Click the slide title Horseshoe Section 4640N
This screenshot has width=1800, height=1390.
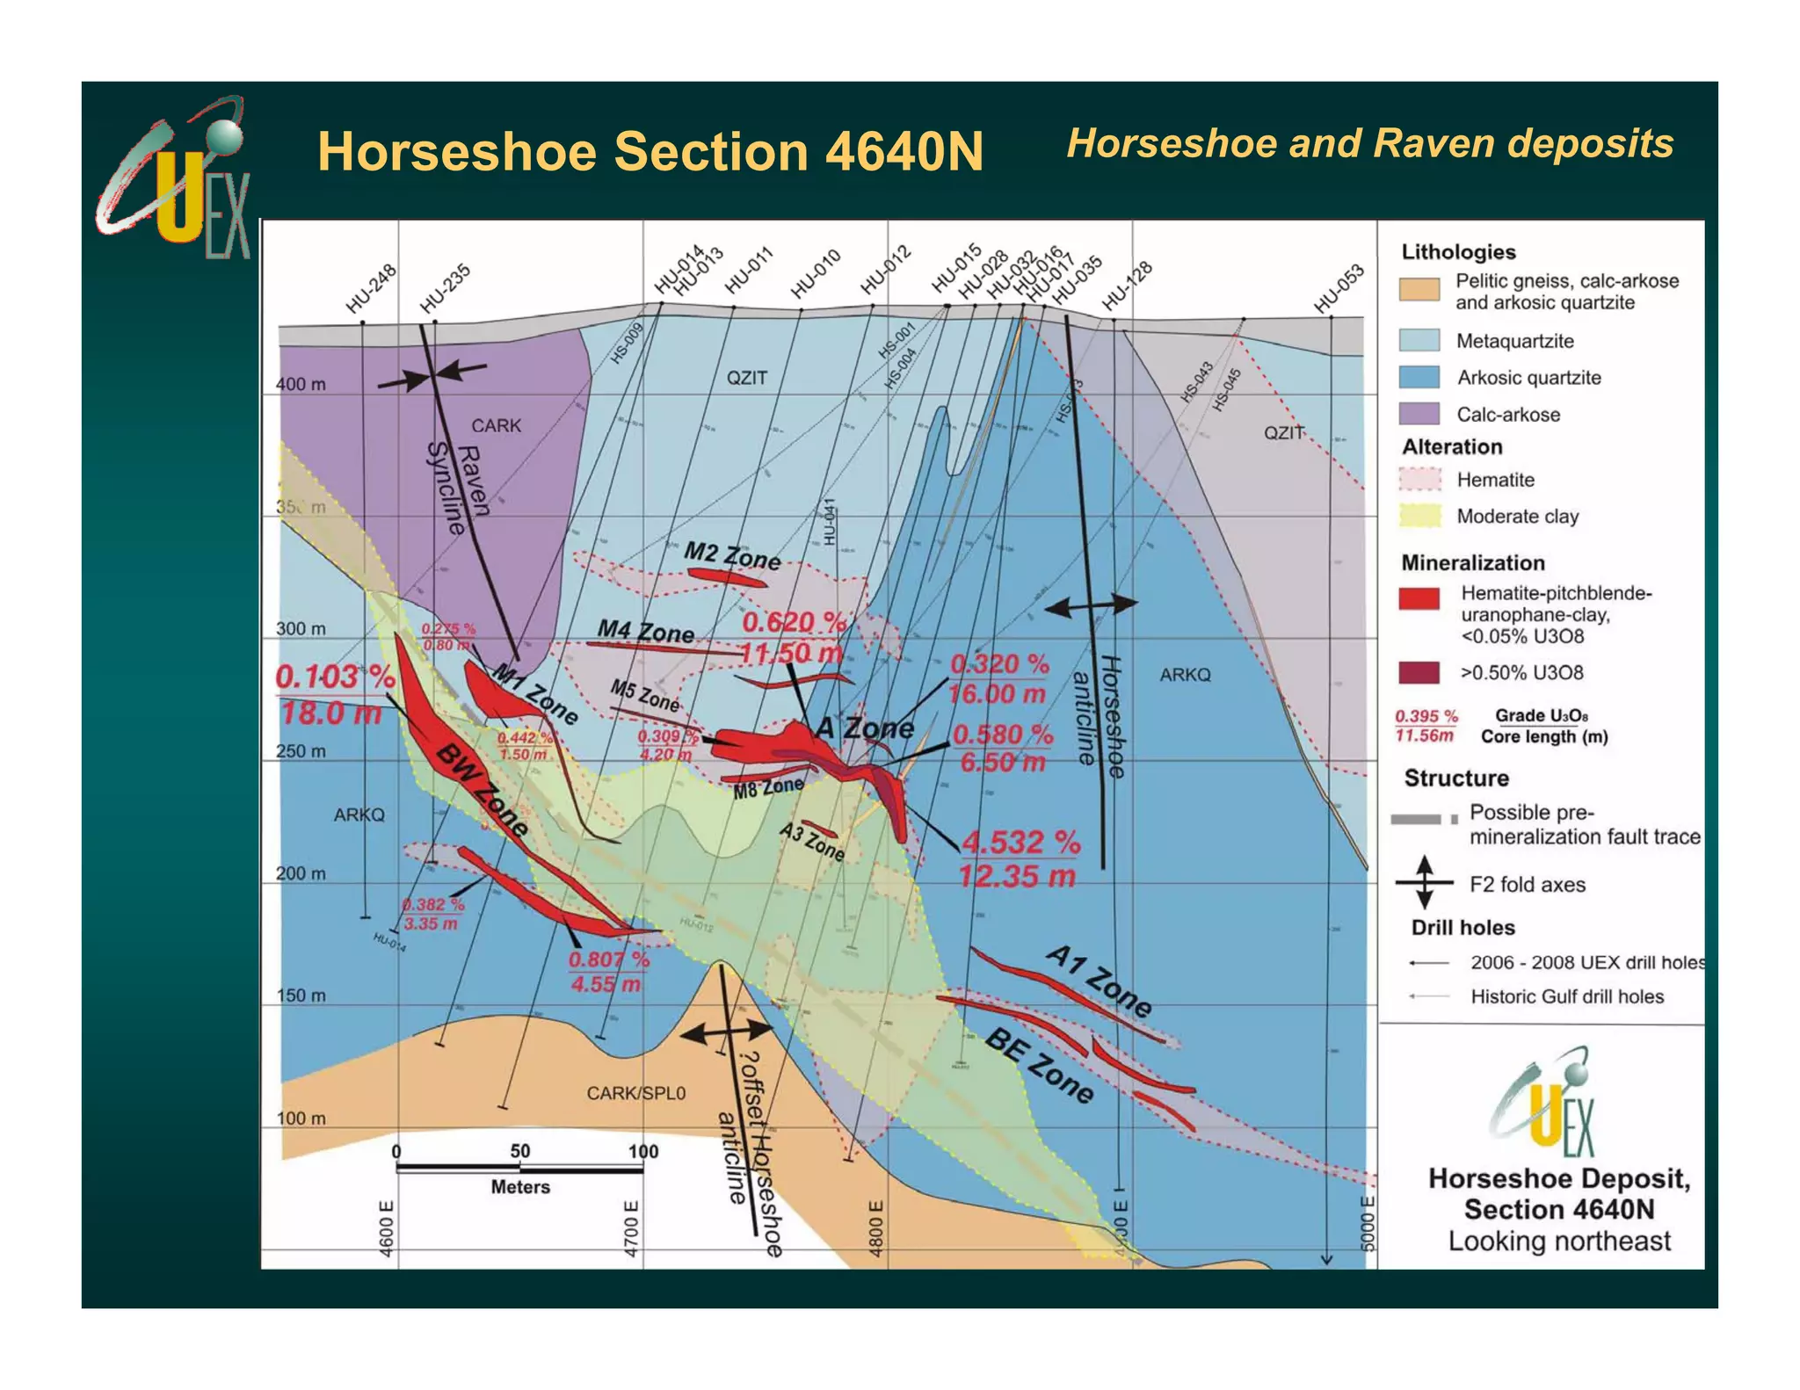pyautogui.click(x=650, y=151)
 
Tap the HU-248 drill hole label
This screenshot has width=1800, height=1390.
pyautogui.click(x=371, y=289)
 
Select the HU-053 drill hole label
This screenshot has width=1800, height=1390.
pyautogui.click(x=1339, y=288)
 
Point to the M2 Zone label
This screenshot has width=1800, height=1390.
pyautogui.click(x=732, y=556)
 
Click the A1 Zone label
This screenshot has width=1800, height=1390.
pyautogui.click(x=1099, y=981)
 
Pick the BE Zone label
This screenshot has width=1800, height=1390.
pyautogui.click(x=1040, y=1066)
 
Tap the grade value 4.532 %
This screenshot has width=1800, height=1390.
pyautogui.click(x=1020, y=843)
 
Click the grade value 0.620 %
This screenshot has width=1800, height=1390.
pyautogui.click(x=793, y=622)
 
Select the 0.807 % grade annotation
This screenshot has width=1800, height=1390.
pyautogui.click(x=608, y=959)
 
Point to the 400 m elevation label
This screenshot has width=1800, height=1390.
pyautogui.click(x=301, y=384)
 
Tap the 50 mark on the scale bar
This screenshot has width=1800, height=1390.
pyautogui.click(x=519, y=1151)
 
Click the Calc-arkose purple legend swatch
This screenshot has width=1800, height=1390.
pyautogui.click(x=1419, y=414)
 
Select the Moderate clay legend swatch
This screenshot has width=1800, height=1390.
pyautogui.click(x=1419, y=516)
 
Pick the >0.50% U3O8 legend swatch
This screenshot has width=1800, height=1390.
pyautogui.click(x=1419, y=673)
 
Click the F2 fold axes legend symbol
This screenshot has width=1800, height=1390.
pyautogui.click(x=1425, y=883)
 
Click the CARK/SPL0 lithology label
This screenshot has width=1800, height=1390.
pyautogui.click(x=635, y=1093)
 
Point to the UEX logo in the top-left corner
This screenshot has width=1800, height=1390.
pyautogui.click(x=176, y=179)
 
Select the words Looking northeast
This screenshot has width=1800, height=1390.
pyautogui.click(x=1559, y=1242)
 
